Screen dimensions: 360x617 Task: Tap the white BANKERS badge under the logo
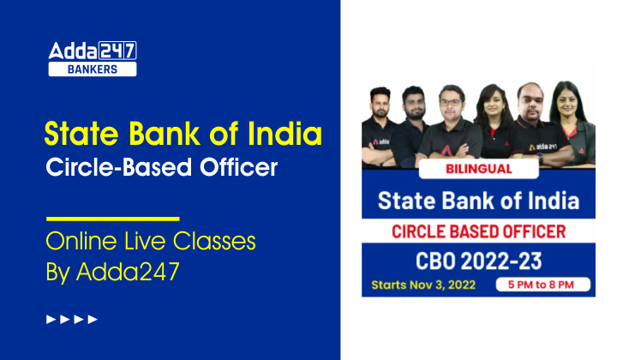[92, 69]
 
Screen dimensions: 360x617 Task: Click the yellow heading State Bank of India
[183, 135]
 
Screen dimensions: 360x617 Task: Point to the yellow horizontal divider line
[111, 219]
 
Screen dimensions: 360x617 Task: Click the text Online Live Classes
[150, 242]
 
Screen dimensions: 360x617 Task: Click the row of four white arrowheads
[72, 320]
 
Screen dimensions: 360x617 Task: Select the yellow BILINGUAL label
[479, 169]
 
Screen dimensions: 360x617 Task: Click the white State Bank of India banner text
[478, 202]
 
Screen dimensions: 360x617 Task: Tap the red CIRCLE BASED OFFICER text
[478, 231]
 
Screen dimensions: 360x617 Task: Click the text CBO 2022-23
[478, 258]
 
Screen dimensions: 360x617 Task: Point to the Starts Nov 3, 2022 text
[422, 284]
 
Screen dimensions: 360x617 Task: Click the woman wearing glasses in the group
[494, 106]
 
